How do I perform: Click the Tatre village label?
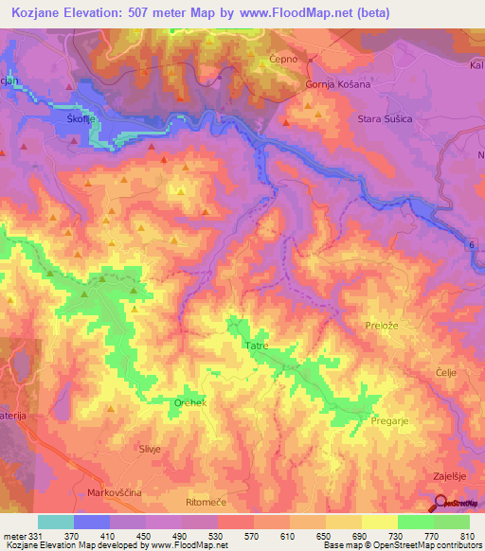(258, 347)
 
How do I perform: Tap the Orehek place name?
(189, 402)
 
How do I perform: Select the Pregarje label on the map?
(391, 419)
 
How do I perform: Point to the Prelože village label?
(384, 325)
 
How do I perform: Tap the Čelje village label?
(445, 372)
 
